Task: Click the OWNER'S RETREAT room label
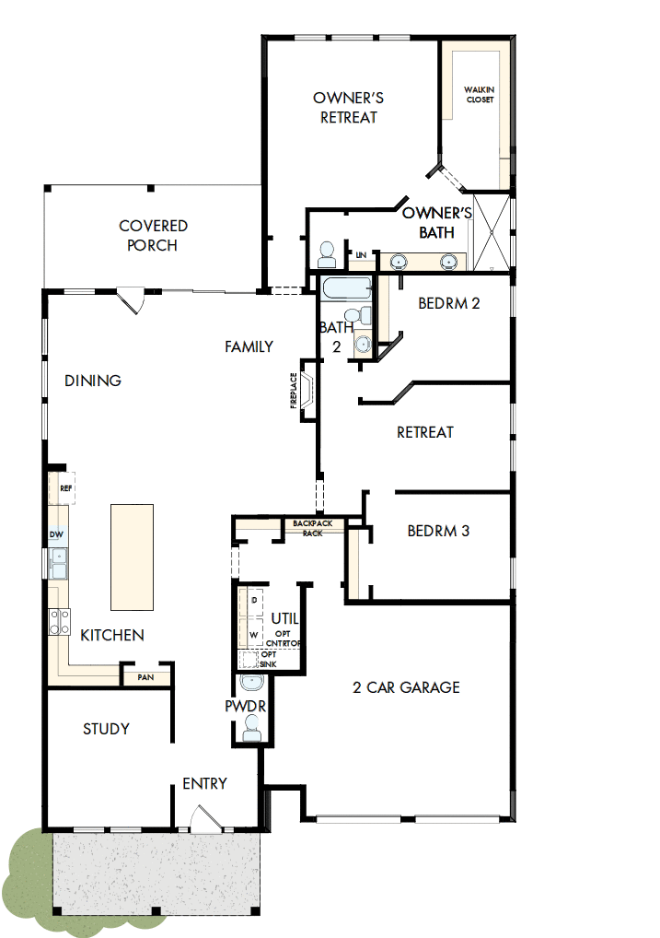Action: click(348, 107)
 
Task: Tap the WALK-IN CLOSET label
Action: click(480, 94)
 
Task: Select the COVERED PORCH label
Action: click(153, 235)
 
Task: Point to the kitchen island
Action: click(132, 557)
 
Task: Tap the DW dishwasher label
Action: click(55, 534)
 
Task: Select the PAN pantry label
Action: click(145, 677)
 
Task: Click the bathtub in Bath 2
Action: click(344, 288)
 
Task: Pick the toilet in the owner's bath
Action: click(327, 252)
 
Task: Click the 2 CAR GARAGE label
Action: click(406, 687)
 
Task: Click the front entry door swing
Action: click(203, 818)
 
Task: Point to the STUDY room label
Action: click(106, 729)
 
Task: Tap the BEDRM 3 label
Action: click(438, 532)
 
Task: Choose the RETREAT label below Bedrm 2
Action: click(424, 432)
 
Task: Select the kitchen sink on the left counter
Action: click(57, 562)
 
